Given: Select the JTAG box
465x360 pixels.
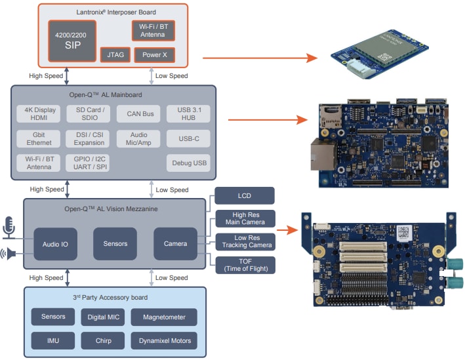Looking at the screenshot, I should pos(115,55).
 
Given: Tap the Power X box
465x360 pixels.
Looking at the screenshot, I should pos(154,55).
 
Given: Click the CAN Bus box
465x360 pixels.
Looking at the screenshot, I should pos(138,113).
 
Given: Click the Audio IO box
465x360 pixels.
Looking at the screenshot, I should pos(56,244).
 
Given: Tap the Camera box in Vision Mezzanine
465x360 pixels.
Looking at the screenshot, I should pos(175,244).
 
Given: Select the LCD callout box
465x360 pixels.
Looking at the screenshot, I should pos(244,195).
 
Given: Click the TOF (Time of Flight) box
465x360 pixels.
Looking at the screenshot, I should pos(244,264).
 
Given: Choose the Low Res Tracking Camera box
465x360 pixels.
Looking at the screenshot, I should pos(244,241).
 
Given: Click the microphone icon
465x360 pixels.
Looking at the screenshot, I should pos(9,227).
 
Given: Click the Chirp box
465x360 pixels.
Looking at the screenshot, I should pos(102,341).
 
